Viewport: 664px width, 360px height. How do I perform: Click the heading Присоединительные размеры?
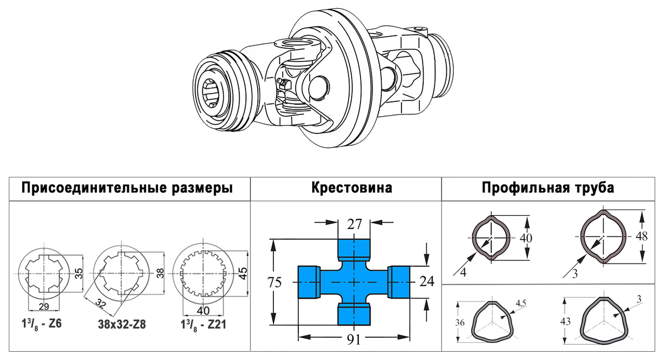127,188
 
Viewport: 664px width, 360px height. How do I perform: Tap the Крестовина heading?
352,188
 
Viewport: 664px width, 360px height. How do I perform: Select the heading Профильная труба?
548,188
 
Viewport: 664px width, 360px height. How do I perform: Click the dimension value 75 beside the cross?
274,283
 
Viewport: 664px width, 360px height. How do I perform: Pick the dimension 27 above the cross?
354,224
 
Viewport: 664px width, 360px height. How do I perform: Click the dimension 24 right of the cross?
426,282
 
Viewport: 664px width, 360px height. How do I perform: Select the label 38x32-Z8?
121,325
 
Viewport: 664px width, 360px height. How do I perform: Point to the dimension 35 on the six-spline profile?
78,273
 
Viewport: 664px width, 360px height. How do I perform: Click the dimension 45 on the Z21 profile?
242,273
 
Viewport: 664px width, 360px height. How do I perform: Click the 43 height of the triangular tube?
565,322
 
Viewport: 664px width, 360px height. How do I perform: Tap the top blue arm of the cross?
354,250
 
